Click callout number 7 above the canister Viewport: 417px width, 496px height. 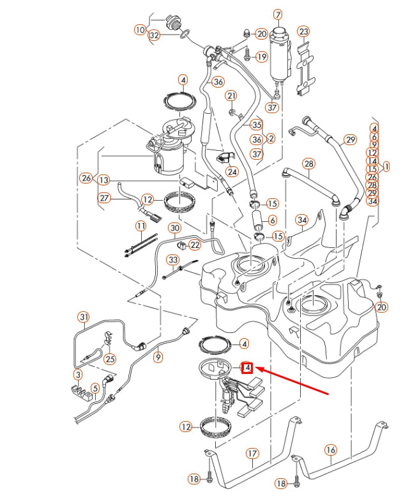(278, 14)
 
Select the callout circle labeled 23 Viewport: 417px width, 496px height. (303, 31)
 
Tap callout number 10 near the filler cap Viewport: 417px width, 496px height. (140, 29)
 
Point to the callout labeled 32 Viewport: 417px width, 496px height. (154, 36)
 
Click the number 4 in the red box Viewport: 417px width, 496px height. (247, 368)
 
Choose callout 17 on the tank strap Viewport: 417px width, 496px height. (252, 454)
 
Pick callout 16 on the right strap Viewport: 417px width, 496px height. (331, 450)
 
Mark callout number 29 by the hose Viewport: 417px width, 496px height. (350, 140)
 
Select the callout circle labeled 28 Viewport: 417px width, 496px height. (309, 164)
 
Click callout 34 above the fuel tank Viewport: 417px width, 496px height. (302, 221)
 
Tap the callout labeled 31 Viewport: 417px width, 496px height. (83, 316)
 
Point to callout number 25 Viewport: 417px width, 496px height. (110, 359)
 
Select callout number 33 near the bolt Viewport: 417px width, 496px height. (172, 260)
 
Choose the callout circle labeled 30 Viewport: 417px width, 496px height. (174, 228)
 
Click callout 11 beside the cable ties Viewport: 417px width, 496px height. (140, 226)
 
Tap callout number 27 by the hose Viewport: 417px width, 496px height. (104, 198)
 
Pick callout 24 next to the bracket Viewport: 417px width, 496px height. (232, 171)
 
